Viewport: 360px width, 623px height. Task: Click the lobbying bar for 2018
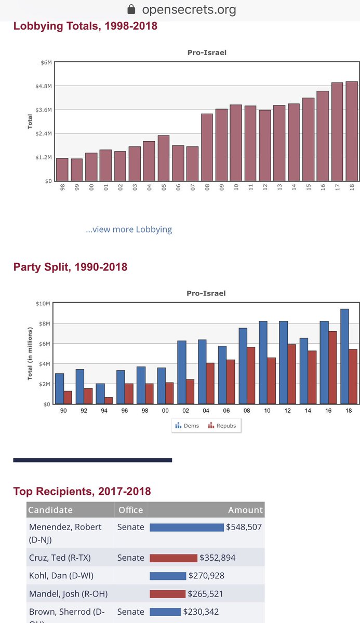(x=352, y=131)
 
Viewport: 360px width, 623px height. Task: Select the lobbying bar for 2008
(x=207, y=147)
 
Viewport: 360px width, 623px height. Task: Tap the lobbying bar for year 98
(x=62, y=170)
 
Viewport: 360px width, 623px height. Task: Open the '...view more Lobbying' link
(x=129, y=229)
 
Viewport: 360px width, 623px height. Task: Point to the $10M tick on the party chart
(x=44, y=304)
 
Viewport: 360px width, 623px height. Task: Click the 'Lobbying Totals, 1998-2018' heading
(x=85, y=25)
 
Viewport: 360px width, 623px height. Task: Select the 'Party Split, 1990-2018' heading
(x=70, y=267)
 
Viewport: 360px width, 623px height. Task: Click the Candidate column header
(x=50, y=510)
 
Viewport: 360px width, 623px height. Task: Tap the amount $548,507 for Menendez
(x=244, y=527)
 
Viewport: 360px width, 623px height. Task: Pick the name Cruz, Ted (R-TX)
(x=59, y=558)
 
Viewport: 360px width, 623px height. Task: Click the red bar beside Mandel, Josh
(x=167, y=594)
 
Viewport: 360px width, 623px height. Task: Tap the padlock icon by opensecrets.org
(x=131, y=9)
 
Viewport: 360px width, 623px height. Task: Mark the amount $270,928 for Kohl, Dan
(x=207, y=576)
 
